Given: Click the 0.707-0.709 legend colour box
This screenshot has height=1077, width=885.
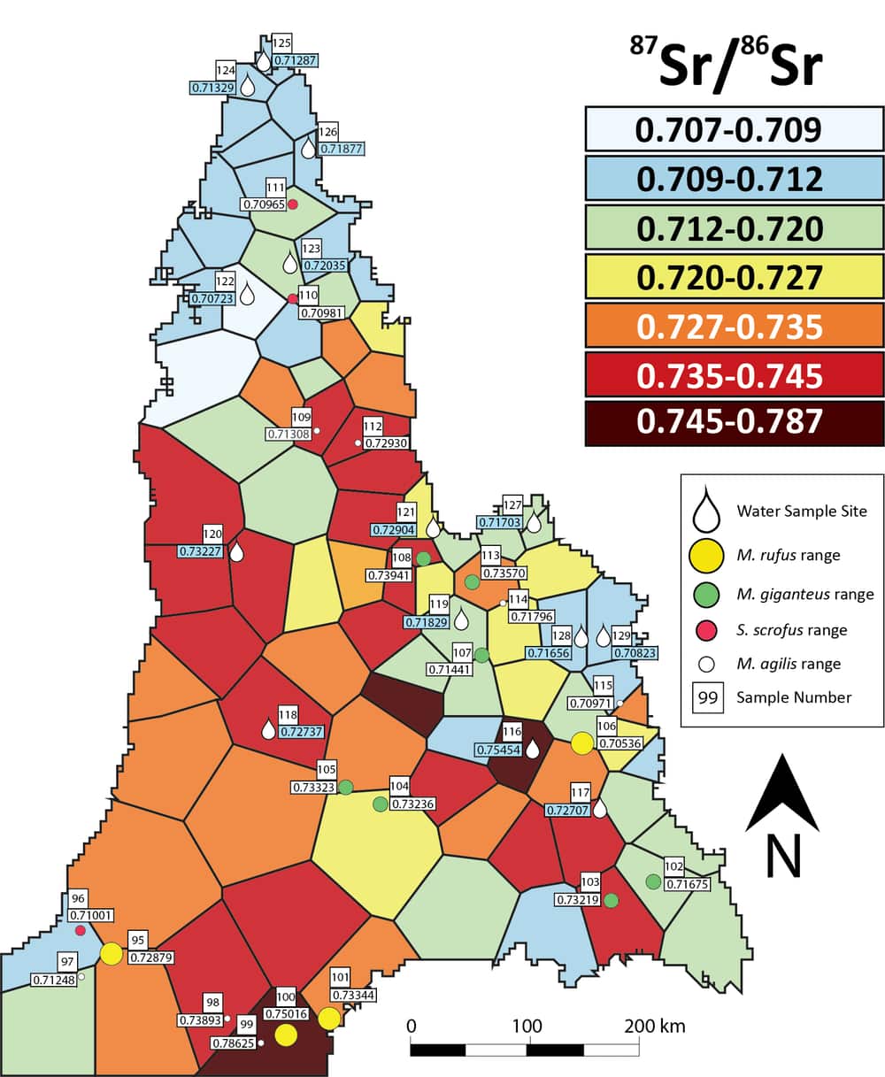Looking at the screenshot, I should pyautogui.click(x=734, y=130).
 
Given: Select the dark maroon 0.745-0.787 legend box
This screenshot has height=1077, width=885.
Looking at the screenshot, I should pyautogui.click(x=734, y=421).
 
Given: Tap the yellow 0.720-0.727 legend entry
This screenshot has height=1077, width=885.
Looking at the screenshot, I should pyautogui.click(x=734, y=277).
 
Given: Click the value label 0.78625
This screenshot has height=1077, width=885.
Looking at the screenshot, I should pyautogui.click(x=233, y=1043).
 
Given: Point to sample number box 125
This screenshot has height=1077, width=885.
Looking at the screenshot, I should pyautogui.click(x=281, y=42).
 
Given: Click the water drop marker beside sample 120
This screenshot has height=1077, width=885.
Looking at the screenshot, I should pyautogui.click(x=236, y=552).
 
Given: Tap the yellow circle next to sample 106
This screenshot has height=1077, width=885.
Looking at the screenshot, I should pyautogui.click(x=581, y=743).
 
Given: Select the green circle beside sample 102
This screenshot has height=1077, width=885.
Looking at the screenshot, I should pyautogui.click(x=653, y=881).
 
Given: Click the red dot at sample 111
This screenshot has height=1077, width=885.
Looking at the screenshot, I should pyautogui.click(x=293, y=204).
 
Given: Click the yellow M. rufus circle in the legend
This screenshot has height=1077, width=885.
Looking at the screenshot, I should pyautogui.click(x=707, y=555).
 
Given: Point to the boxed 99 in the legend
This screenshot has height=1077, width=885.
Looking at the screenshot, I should pyautogui.click(x=707, y=697).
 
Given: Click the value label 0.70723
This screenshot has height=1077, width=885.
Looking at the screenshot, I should pyautogui.click(x=212, y=299).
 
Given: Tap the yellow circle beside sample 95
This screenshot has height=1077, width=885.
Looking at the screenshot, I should pyautogui.click(x=111, y=953).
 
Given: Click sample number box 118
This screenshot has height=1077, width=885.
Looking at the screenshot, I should pyautogui.click(x=289, y=715).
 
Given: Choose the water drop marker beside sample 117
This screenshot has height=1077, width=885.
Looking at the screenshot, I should pyautogui.click(x=599, y=808).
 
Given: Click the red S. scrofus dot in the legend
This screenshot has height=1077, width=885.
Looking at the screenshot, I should pyautogui.click(x=707, y=630).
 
